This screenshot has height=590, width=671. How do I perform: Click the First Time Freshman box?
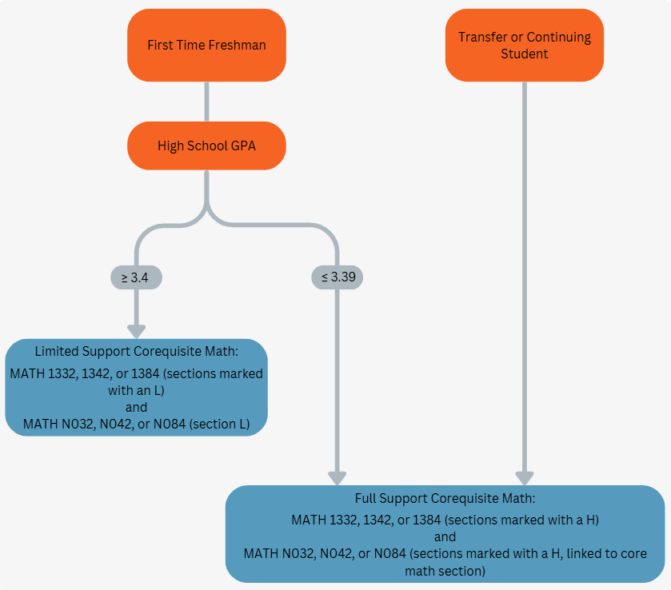click(x=206, y=46)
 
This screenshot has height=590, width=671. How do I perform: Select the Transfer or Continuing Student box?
click(x=525, y=46)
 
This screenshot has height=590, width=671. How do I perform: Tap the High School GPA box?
click(x=206, y=146)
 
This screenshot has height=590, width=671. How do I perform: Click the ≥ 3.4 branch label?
click(x=137, y=277)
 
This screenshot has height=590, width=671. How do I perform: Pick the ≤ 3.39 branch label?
click(x=337, y=277)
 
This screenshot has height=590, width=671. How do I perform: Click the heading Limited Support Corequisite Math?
click(x=136, y=351)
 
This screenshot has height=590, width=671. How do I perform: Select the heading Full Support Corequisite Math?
click(x=445, y=498)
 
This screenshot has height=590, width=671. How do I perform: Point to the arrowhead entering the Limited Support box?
click(x=137, y=330)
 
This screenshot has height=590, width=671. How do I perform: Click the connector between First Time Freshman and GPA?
click(x=206, y=102)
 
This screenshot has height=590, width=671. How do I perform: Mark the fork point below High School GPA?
click(x=206, y=209)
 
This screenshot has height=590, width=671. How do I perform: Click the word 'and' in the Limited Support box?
click(x=136, y=407)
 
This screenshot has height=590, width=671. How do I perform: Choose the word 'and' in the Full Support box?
click(x=445, y=536)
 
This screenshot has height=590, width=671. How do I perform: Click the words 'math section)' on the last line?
click(x=445, y=571)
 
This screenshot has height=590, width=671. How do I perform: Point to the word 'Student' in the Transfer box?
click(x=525, y=54)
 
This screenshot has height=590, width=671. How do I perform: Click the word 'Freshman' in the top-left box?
click(x=237, y=46)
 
